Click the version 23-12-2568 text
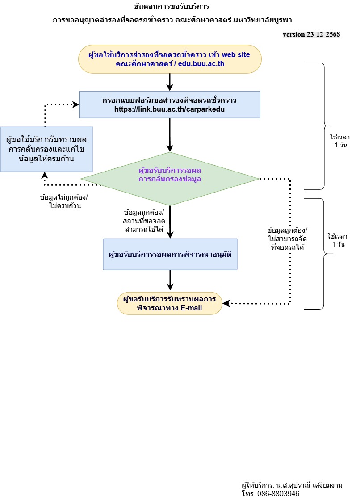pos(312,34)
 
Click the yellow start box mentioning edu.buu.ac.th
pos(170,59)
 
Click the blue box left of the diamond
pos(46,149)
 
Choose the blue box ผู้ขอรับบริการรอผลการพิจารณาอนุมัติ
pos(170,254)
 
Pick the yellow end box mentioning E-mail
pos(170,304)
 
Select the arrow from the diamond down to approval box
pos(170,222)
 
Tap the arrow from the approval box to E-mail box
pos(170,280)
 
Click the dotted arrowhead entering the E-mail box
pos(226,304)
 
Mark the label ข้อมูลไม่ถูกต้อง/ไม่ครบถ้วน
pos(64,201)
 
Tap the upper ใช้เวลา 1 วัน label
pos(338,142)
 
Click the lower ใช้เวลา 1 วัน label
pos(338,240)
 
